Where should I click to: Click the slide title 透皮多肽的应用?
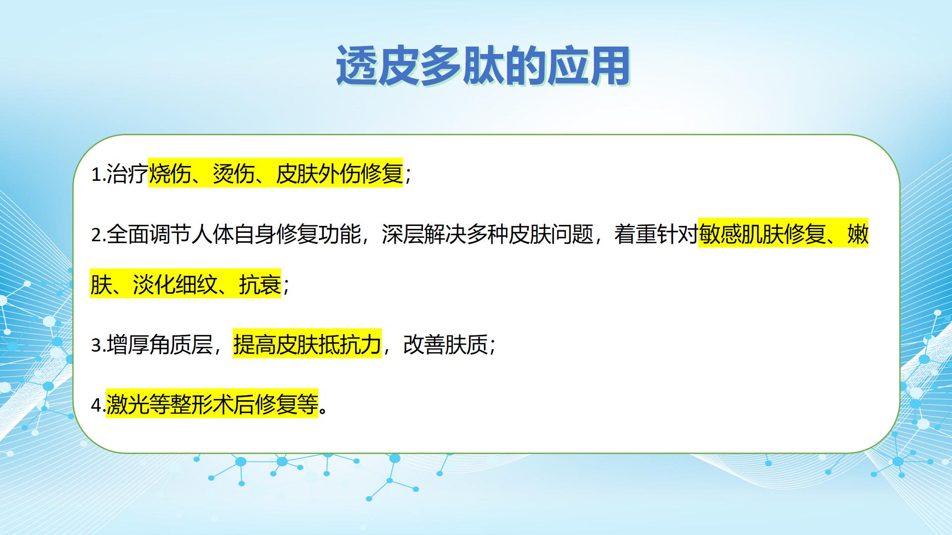483,66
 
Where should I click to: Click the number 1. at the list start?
98,174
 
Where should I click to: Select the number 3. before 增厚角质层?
98,345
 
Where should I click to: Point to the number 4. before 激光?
98,405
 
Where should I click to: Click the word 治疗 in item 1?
127,174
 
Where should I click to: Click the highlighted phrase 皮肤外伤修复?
340,174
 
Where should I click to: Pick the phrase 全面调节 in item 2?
149,234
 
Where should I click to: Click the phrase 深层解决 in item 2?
424,234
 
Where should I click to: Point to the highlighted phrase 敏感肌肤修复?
762,234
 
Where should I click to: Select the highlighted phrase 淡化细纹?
175,284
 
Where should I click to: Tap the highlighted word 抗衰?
260,284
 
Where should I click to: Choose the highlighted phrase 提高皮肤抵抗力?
307,345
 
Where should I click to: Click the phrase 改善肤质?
446,345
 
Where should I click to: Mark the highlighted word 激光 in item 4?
127,405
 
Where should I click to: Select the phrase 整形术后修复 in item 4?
234,405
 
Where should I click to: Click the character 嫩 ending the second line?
858,234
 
